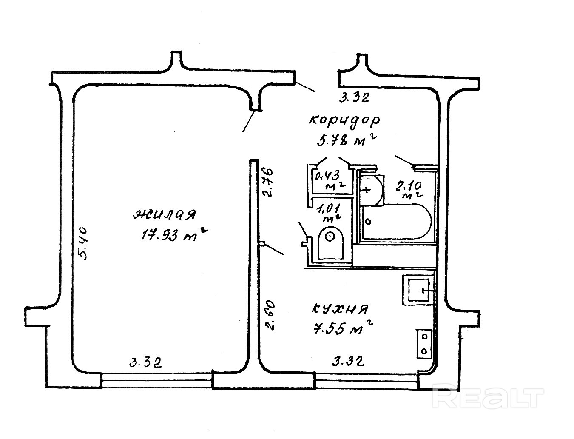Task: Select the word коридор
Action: (x=344, y=121)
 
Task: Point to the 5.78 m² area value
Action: (x=347, y=140)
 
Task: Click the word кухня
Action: (x=340, y=309)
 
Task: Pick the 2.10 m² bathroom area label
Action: (x=409, y=190)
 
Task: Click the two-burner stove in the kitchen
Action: (x=424, y=343)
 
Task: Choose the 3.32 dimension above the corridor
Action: (x=353, y=98)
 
